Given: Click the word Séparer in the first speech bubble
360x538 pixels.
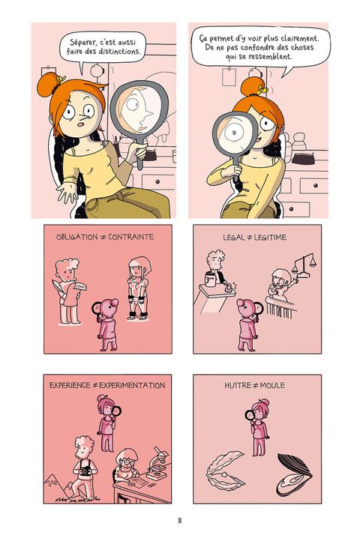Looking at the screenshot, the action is click(x=83, y=42).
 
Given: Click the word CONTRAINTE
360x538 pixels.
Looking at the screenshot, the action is click(x=131, y=237).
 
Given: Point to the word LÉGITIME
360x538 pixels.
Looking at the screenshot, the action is click(x=270, y=238).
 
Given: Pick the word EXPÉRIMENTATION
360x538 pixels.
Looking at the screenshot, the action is click(x=132, y=385).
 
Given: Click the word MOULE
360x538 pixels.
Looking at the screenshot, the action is click(x=272, y=385).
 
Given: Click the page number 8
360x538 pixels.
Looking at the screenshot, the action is click(x=180, y=520).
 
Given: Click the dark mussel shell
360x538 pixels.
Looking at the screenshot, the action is click(x=294, y=474).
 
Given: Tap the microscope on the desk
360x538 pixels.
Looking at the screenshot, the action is click(x=157, y=463).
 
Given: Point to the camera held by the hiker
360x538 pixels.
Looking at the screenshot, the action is click(x=85, y=471).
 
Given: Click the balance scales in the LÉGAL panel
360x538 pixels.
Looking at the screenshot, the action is click(x=304, y=265).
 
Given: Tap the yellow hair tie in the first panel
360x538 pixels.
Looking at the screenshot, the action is click(x=61, y=79).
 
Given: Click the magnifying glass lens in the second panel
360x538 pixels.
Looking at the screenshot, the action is click(x=235, y=131).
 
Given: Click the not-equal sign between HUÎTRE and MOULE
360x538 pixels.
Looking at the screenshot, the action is click(x=256, y=386).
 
